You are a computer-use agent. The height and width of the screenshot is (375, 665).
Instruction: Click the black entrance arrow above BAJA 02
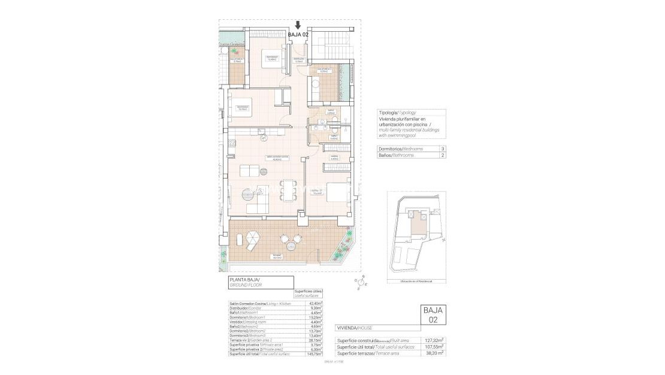(x=298, y=25)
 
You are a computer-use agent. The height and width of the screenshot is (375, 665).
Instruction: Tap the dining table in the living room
(x=289, y=190)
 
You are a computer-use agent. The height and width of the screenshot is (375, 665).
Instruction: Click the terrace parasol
(x=253, y=239)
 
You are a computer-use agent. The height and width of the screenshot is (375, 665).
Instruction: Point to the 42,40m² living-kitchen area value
(x=315, y=304)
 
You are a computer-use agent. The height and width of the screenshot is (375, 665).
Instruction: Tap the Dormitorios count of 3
(x=442, y=149)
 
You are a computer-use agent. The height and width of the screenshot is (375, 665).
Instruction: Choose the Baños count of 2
(x=442, y=155)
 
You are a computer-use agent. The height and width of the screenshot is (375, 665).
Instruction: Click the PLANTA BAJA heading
(x=246, y=280)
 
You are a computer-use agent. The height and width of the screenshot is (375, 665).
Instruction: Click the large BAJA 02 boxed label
(x=433, y=314)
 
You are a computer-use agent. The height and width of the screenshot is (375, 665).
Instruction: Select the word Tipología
(x=388, y=112)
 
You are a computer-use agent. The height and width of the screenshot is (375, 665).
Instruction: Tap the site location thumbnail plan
(x=416, y=235)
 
